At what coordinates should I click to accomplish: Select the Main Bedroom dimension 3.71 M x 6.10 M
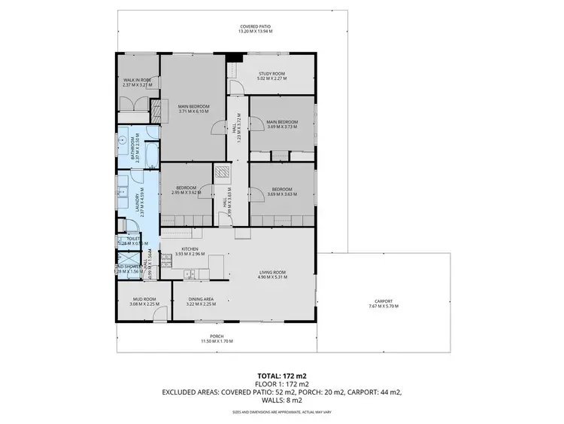[193, 111]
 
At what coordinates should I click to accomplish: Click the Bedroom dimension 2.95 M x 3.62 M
[186, 193]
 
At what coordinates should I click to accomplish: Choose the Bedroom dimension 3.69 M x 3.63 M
[282, 194]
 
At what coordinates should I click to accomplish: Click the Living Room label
[272, 272]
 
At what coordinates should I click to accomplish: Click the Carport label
[383, 301]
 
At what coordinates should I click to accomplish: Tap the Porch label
[217, 337]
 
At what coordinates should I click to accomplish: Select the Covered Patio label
[255, 27]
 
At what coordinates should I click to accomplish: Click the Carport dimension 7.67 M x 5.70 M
[383, 307]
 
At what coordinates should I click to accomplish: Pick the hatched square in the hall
[223, 172]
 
